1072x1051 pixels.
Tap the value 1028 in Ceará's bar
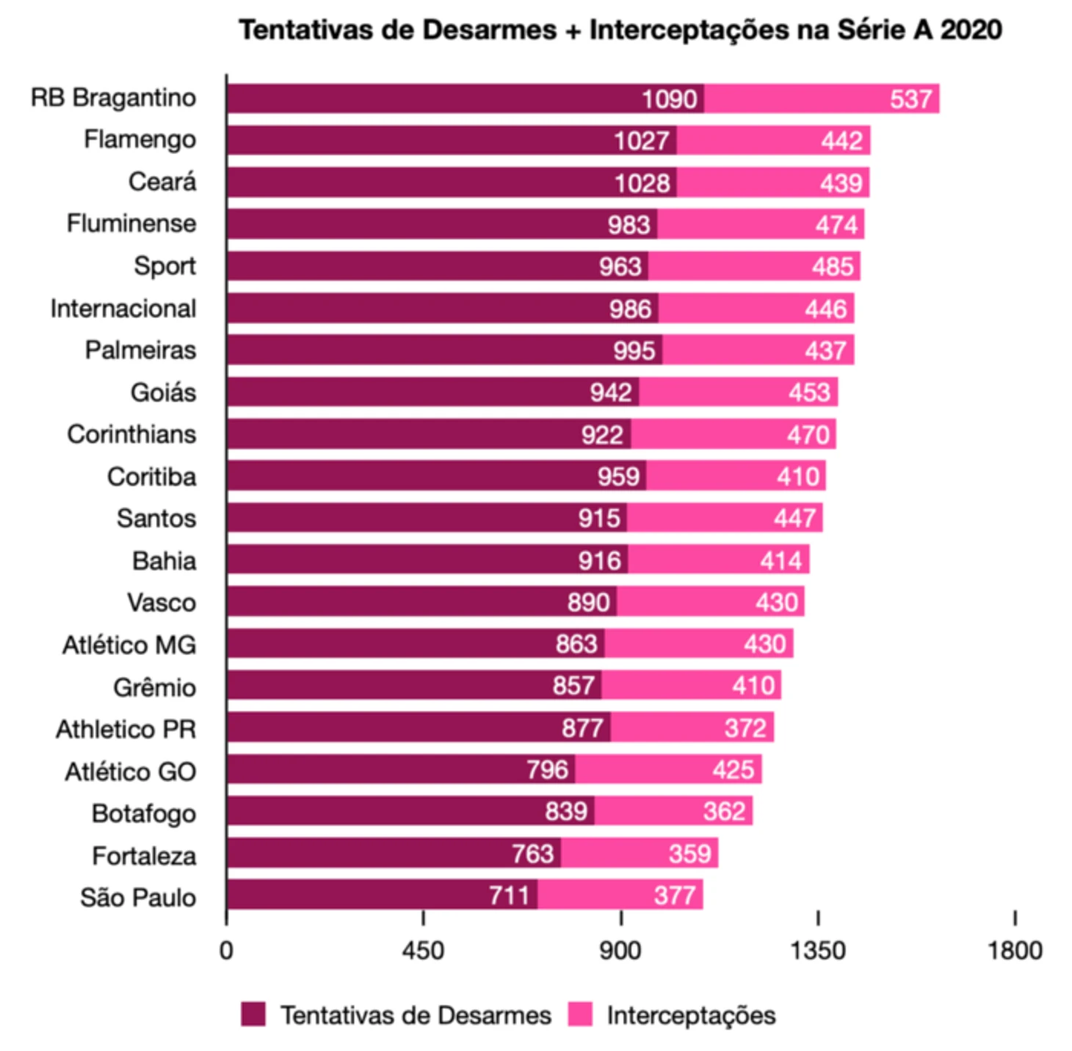(x=642, y=183)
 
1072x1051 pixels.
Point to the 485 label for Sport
(x=832, y=267)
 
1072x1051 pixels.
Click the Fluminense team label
(x=131, y=223)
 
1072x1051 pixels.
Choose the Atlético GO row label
(x=130, y=772)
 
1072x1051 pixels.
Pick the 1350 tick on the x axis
(x=817, y=950)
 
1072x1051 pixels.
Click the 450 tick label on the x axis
(x=423, y=950)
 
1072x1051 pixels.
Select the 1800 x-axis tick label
(x=1015, y=950)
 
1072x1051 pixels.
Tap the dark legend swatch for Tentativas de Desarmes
(x=253, y=1014)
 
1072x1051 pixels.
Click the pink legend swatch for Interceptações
(x=580, y=1014)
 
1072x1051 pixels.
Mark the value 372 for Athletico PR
(x=745, y=728)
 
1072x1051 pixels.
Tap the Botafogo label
(x=144, y=814)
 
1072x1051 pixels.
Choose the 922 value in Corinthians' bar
(x=602, y=435)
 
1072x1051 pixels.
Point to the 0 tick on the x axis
(x=226, y=950)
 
